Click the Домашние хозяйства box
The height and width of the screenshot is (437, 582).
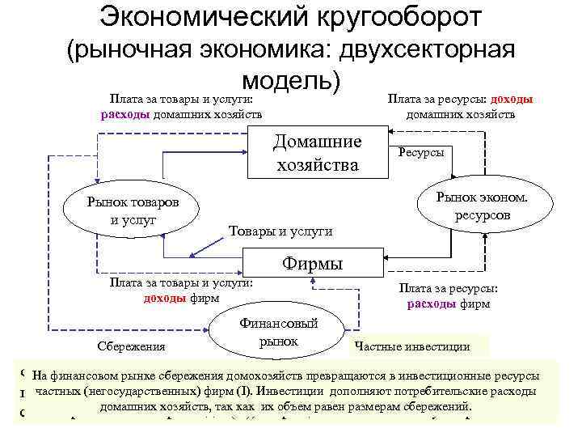(317, 154)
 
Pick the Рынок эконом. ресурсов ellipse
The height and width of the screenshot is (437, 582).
(483, 205)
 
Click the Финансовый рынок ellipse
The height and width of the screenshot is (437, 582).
(278, 333)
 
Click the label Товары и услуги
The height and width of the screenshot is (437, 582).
(280, 231)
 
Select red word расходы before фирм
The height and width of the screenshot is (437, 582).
(432, 304)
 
